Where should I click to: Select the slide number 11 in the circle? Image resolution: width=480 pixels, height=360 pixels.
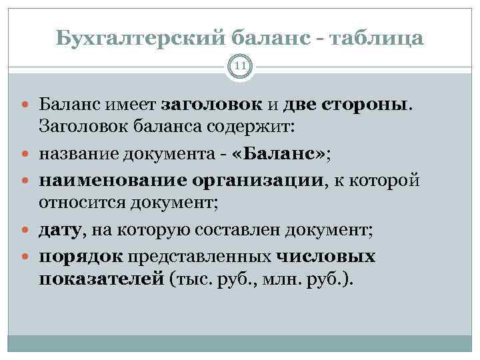pos(239,67)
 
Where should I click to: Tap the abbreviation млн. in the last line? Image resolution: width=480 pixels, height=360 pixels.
pos(283,279)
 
